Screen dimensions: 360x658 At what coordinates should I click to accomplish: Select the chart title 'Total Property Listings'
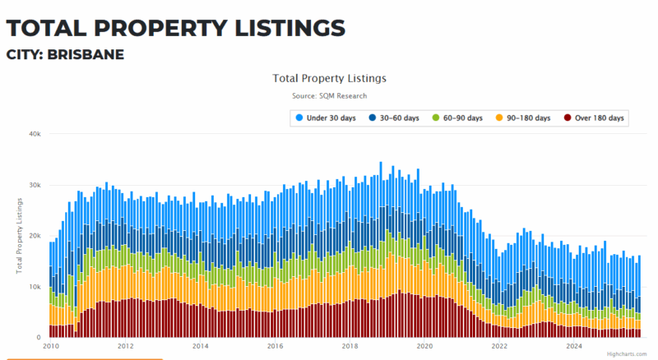[329, 78]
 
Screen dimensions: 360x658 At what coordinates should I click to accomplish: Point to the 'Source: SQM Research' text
[329, 96]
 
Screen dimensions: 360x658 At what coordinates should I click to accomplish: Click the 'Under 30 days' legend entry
[327, 118]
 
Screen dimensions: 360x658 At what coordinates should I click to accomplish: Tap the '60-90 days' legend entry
[456, 118]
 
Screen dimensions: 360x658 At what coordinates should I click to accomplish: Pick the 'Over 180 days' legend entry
[593, 118]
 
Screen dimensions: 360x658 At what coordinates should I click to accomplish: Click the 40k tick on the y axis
[34, 134]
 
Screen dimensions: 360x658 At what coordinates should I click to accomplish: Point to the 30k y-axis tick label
[34, 185]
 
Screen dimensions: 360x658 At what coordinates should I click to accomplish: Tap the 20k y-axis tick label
[34, 236]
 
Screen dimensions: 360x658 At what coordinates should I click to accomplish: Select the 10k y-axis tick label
[34, 287]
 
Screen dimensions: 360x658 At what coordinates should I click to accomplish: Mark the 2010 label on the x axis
[50, 346]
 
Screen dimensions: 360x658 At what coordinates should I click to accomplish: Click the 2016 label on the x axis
[275, 346]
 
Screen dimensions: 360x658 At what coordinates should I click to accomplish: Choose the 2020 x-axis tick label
[424, 346]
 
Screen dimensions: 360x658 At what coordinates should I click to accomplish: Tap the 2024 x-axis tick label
[574, 346]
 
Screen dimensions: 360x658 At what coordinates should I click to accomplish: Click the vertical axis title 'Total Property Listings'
[18, 236]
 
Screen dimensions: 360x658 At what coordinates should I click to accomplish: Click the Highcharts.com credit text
[628, 355]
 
